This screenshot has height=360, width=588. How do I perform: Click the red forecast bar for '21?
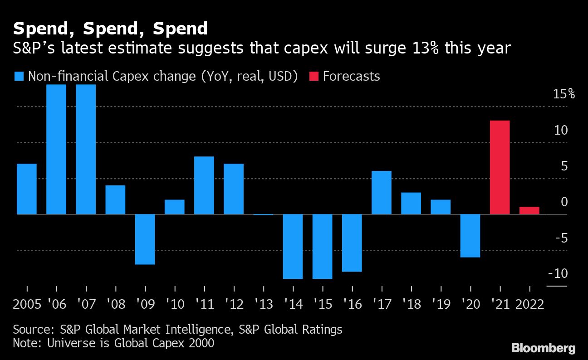[x=500, y=167]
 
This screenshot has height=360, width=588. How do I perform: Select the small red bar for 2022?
[x=529, y=210]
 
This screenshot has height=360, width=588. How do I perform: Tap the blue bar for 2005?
[x=26, y=189]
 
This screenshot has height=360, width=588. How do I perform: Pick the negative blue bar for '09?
[x=145, y=239]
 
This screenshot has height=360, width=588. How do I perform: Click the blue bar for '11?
[x=204, y=185]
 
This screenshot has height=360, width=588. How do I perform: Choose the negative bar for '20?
[x=470, y=235]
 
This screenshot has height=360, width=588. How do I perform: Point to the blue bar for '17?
[x=381, y=192]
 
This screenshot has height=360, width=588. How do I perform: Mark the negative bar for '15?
[x=322, y=246]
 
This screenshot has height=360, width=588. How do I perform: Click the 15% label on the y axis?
[x=563, y=94]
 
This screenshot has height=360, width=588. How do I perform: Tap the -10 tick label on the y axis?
[x=558, y=273]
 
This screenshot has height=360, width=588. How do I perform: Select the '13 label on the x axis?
[x=263, y=304]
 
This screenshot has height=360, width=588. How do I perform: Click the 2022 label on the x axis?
[x=529, y=304]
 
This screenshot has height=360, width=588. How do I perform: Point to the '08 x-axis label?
[x=116, y=304]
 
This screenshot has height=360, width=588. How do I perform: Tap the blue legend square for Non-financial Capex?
[x=19, y=76]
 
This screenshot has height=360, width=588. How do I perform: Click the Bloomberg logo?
[x=543, y=348]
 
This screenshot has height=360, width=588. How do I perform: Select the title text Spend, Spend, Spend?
[x=110, y=29]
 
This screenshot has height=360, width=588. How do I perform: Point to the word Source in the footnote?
[x=31, y=329]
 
